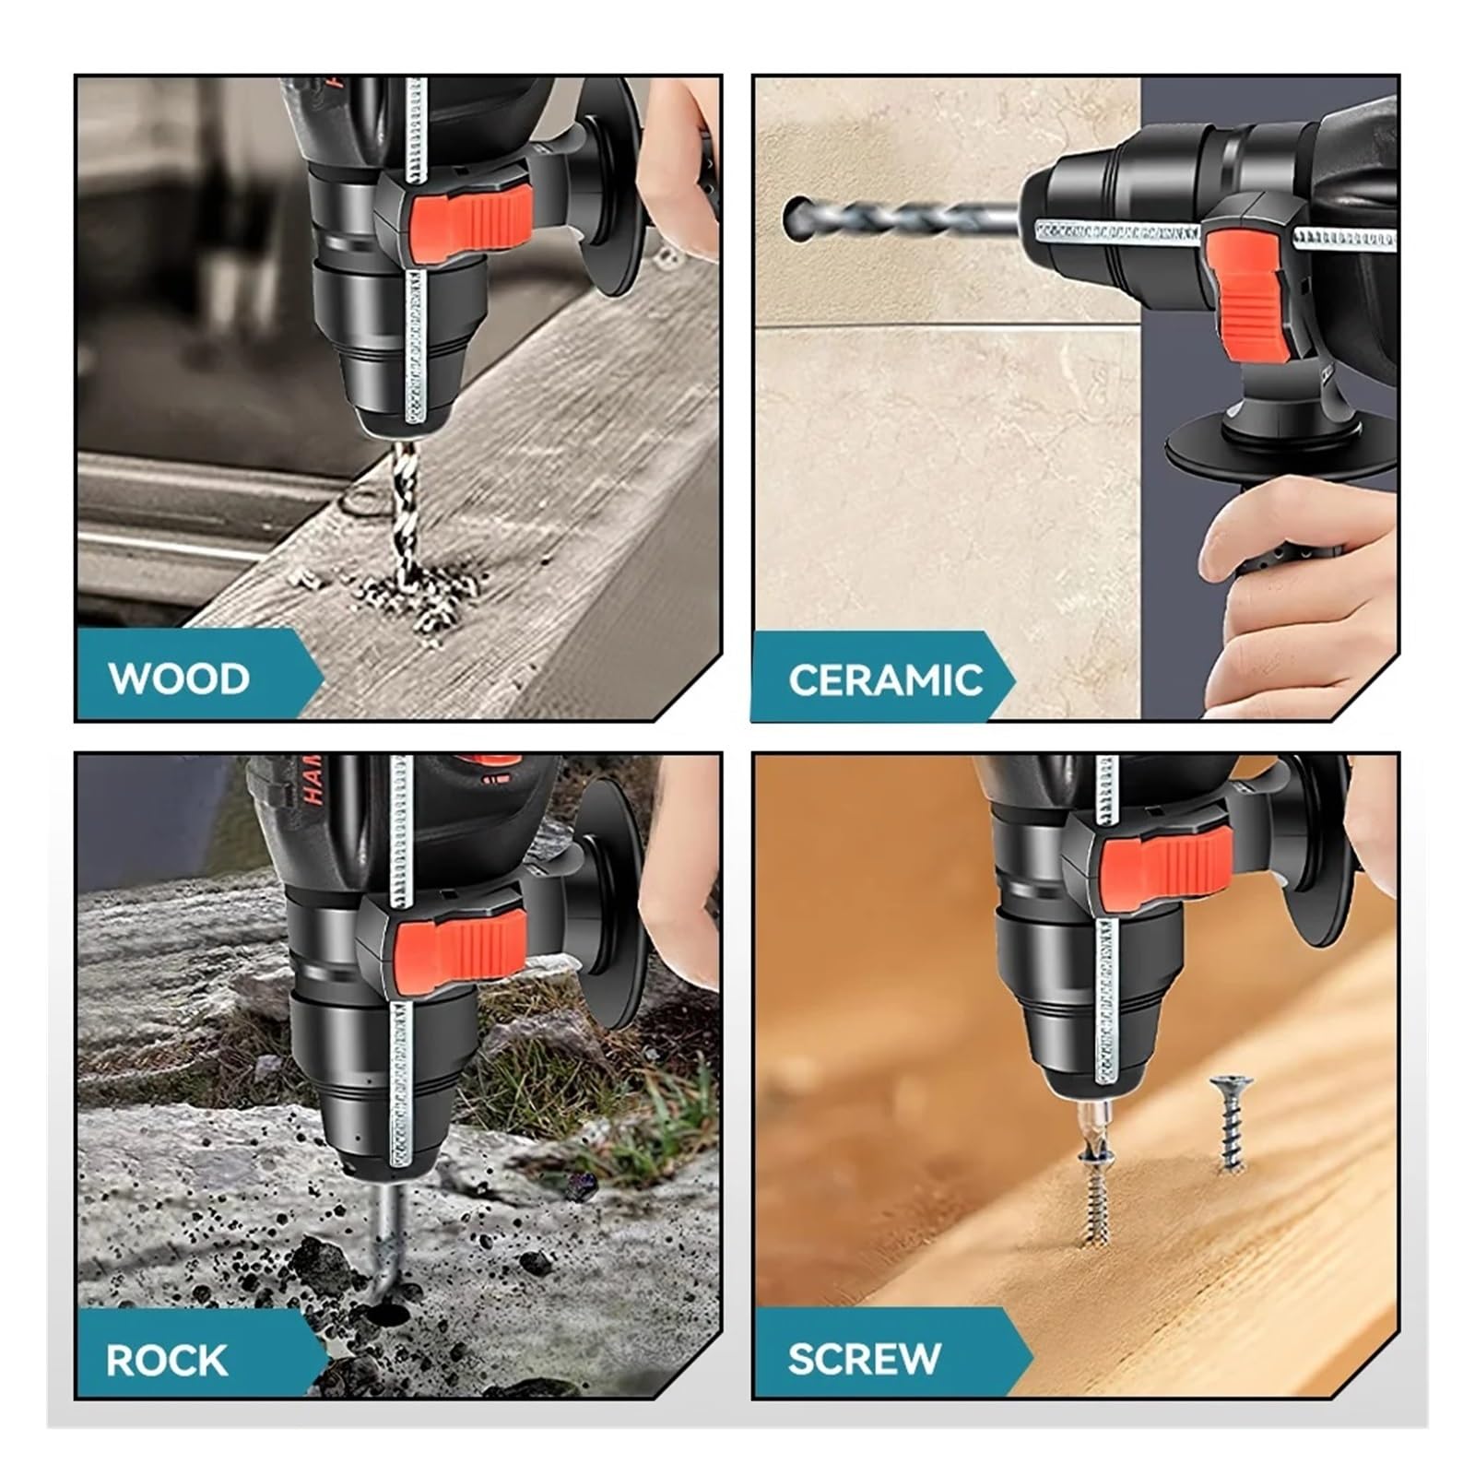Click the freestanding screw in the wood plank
click(1231, 1124)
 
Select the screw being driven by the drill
click(1095, 1194)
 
